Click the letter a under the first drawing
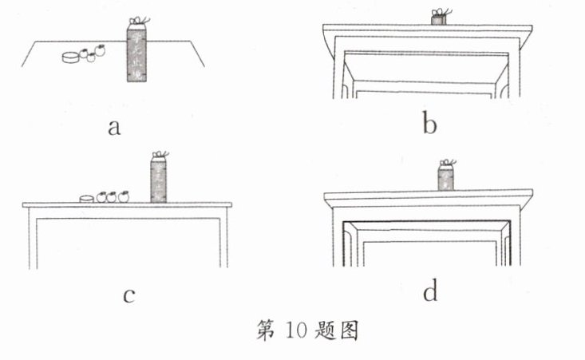click(x=114, y=126)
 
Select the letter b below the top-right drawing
click(x=430, y=125)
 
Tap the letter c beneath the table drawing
click(x=127, y=295)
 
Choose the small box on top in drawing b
click(x=437, y=18)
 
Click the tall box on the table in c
click(x=159, y=180)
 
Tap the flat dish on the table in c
click(x=86, y=197)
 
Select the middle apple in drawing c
click(x=113, y=196)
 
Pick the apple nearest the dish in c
click(x=101, y=196)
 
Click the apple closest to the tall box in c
click(x=124, y=196)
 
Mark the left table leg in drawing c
click(x=33, y=239)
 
